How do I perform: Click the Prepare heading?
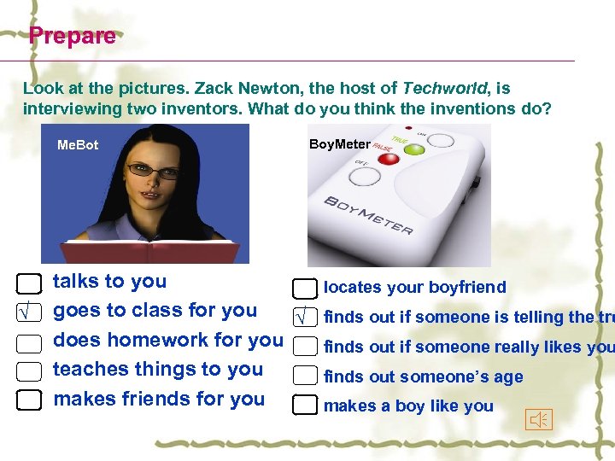coord(72,36)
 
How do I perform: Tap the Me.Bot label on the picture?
coord(78,145)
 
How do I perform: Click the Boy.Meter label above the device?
coord(339,144)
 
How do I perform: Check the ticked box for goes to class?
coord(29,313)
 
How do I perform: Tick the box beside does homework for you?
coord(29,343)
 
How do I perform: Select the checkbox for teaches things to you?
coord(29,371)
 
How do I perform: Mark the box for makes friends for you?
coord(29,400)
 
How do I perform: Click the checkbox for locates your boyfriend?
coord(305,289)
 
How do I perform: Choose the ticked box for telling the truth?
coord(305,318)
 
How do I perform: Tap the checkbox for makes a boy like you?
coord(305,406)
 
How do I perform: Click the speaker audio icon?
coord(540,419)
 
